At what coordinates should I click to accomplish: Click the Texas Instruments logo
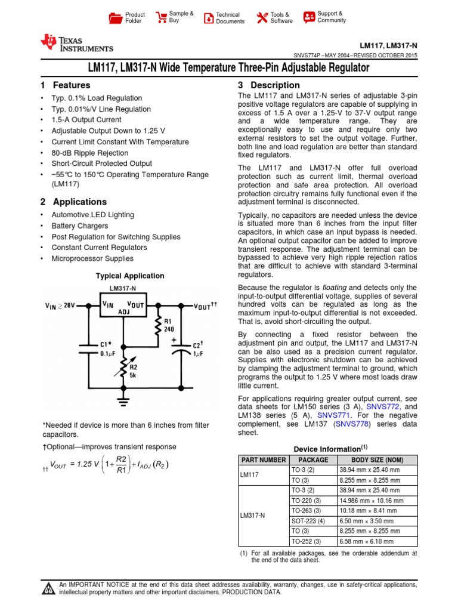click(76, 42)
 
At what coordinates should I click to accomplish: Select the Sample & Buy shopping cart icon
click(161, 17)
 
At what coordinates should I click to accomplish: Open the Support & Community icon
click(309, 17)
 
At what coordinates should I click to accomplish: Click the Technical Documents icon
click(209, 18)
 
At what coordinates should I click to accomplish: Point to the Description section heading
click(269, 85)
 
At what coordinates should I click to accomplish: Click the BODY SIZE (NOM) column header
click(376, 460)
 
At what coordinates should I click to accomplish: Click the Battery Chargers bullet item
click(80, 226)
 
